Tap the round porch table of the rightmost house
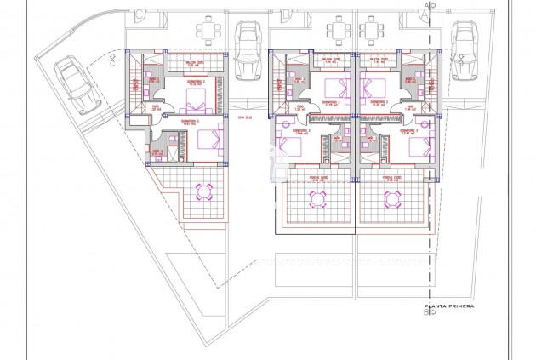[393, 199]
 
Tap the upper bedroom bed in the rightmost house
[373, 86]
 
